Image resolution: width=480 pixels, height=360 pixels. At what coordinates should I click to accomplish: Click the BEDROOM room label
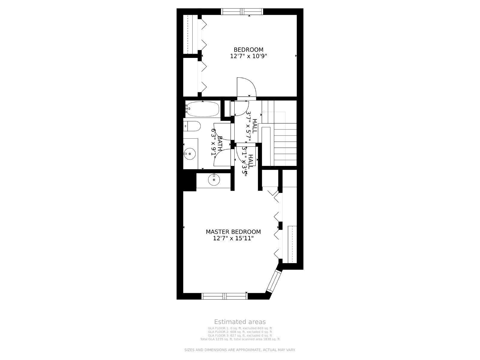(248, 50)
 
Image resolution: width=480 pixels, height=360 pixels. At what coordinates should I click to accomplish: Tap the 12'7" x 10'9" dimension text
(248, 56)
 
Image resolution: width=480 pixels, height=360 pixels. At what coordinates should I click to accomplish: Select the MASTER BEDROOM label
(233, 232)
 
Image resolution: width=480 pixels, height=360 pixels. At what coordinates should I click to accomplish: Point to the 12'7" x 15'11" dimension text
(233, 238)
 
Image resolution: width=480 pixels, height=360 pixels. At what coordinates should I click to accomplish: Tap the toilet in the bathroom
(192, 126)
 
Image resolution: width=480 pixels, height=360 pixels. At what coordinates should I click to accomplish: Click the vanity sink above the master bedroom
(214, 180)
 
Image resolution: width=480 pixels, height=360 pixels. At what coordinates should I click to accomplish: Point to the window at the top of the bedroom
(242, 12)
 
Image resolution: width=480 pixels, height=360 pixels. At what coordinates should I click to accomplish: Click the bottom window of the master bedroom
(224, 296)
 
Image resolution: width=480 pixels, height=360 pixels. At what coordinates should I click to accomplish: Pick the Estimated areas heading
(240, 322)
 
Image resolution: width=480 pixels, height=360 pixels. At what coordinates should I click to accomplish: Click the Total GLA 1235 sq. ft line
(240, 339)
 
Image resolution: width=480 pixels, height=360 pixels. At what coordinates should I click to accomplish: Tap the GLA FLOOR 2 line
(240, 332)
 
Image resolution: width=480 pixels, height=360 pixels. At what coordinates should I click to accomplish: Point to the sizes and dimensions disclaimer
(240, 350)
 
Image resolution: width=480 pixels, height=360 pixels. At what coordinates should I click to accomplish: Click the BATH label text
(220, 143)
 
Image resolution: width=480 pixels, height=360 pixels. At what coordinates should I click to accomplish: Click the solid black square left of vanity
(189, 182)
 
